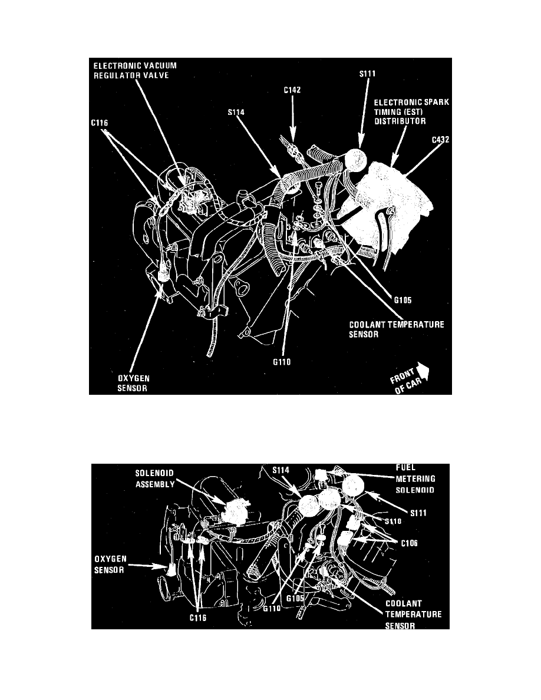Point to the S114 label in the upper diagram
click(x=238, y=110)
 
